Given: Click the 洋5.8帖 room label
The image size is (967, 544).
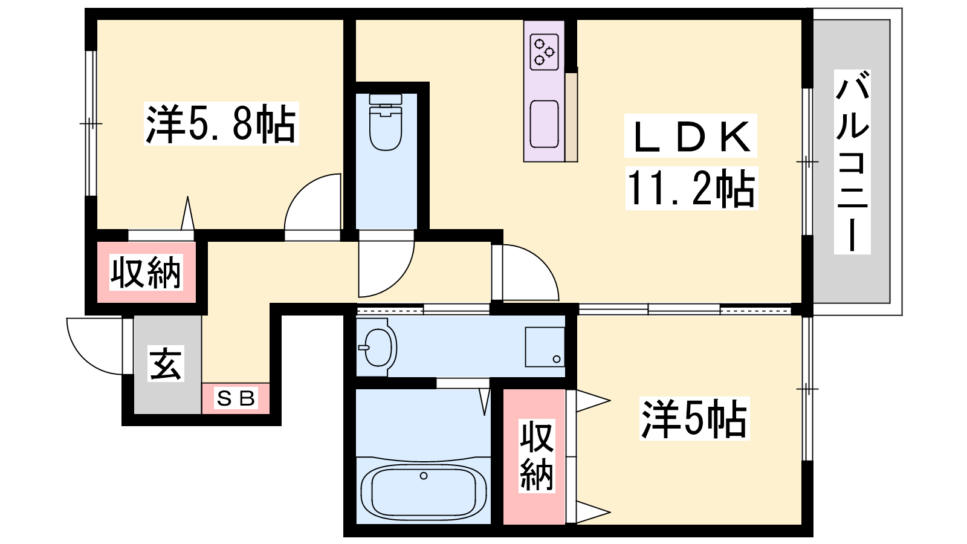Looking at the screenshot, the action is pos(221,124).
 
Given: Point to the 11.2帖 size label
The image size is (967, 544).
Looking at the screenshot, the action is pos(691,189).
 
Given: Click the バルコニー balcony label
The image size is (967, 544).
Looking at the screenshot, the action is pos(852,163).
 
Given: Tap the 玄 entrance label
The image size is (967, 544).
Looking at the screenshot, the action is pos(166,363).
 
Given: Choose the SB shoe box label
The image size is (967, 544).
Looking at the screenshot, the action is pos(236,398).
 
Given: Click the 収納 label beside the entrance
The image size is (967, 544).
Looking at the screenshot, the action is pos(146,272).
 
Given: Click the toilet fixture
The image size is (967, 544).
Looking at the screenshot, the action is pos(386,122).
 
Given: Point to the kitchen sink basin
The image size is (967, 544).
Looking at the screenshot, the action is pos(544,125).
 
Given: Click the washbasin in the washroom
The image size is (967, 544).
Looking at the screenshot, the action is pos(378,347).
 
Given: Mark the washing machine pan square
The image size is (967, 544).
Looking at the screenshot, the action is pos(545,347).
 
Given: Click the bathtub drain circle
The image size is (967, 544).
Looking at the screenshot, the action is pos(424,476).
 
